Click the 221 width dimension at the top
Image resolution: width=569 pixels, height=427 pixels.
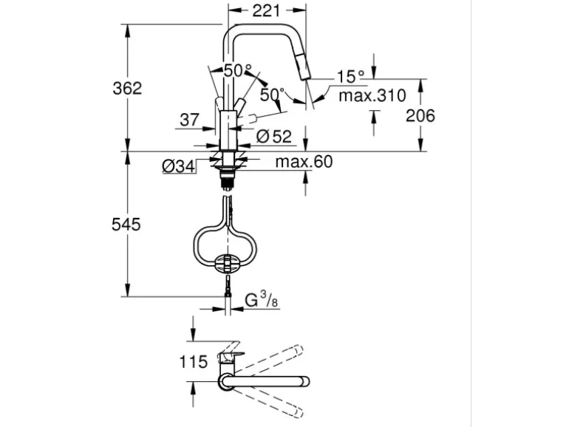coord(266,11)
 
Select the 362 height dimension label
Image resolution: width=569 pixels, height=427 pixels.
coord(127,88)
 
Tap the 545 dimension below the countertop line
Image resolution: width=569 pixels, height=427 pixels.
coord(126,225)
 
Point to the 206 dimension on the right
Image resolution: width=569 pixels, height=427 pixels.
coord(420,116)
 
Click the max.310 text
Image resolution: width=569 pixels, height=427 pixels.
coord(372,96)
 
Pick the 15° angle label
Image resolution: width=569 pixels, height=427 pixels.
coord(350,76)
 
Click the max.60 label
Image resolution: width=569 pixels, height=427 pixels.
coord(304,162)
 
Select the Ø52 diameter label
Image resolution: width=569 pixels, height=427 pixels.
coord(273,137)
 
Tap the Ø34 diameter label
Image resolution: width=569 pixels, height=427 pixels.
coord(179,166)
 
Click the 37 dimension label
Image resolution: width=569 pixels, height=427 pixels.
coord(189,120)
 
